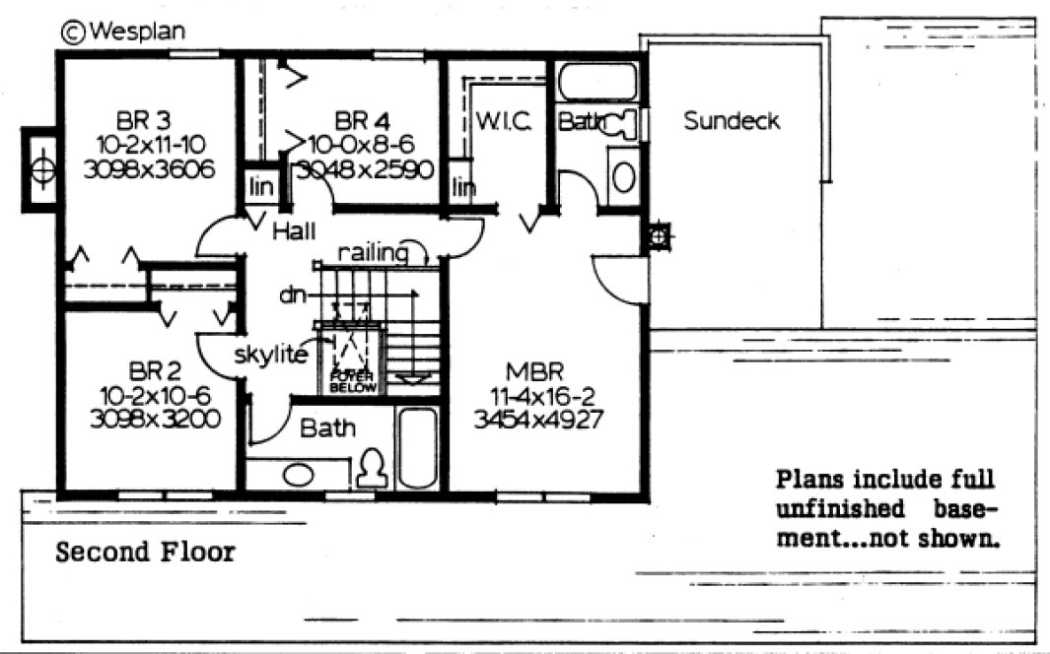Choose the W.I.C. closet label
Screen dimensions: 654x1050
coord(504,122)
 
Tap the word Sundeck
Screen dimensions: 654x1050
coord(731,121)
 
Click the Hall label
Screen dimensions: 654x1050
coord(294,231)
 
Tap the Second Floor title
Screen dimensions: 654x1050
coord(145,552)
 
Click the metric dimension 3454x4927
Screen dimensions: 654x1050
coord(538,418)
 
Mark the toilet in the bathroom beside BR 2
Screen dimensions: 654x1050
coord(372,467)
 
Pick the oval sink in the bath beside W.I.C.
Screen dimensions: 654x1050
coord(623,176)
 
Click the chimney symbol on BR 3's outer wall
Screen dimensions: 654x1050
coord(40,168)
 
